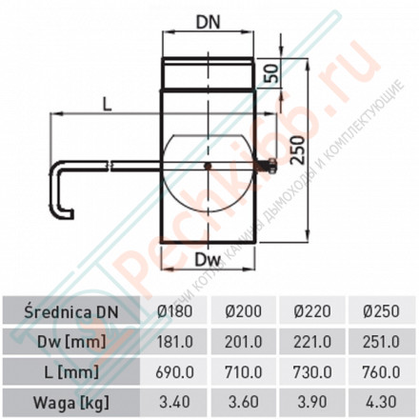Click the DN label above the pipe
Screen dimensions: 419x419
click(x=209, y=19)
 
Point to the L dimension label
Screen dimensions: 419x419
click(x=107, y=107)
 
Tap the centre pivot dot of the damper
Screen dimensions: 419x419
click(x=209, y=169)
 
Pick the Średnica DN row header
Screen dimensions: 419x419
click(x=73, y=309)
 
